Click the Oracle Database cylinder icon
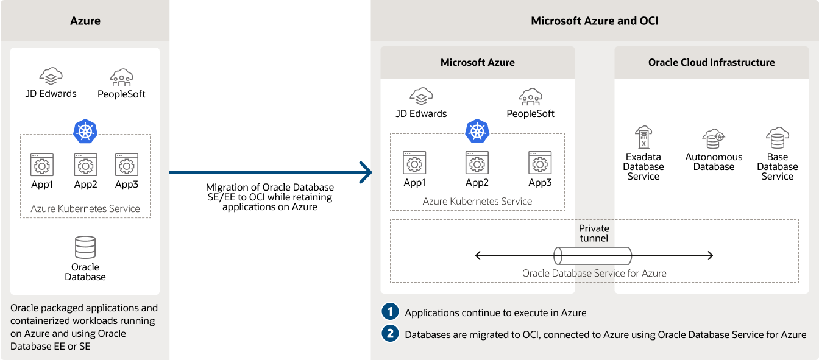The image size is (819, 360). pos(85,247)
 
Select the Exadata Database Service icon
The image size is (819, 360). pos(643,138)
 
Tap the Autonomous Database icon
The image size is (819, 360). pos(714,138)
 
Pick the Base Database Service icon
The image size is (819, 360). pos(777,138)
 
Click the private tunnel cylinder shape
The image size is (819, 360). pos(592,255)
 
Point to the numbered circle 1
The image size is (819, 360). pos(390,312)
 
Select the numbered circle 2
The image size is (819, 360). pos(390,334)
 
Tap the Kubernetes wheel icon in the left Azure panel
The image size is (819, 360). pos(85,131)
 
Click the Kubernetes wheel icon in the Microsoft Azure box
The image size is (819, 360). pos(477,131)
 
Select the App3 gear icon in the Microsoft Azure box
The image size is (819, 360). pos(539,163)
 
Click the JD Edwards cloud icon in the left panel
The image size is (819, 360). pos(51,76)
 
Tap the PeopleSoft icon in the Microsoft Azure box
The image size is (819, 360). pos(531,96)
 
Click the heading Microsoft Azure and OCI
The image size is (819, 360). pos(594,21)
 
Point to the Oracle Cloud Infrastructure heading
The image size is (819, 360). pos(711,62)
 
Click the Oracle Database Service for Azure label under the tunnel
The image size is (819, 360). pos(594,273)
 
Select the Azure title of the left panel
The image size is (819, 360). pos(85,21)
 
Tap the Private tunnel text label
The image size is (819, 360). pos(594,233)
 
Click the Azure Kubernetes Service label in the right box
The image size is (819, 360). pos(477,201)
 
